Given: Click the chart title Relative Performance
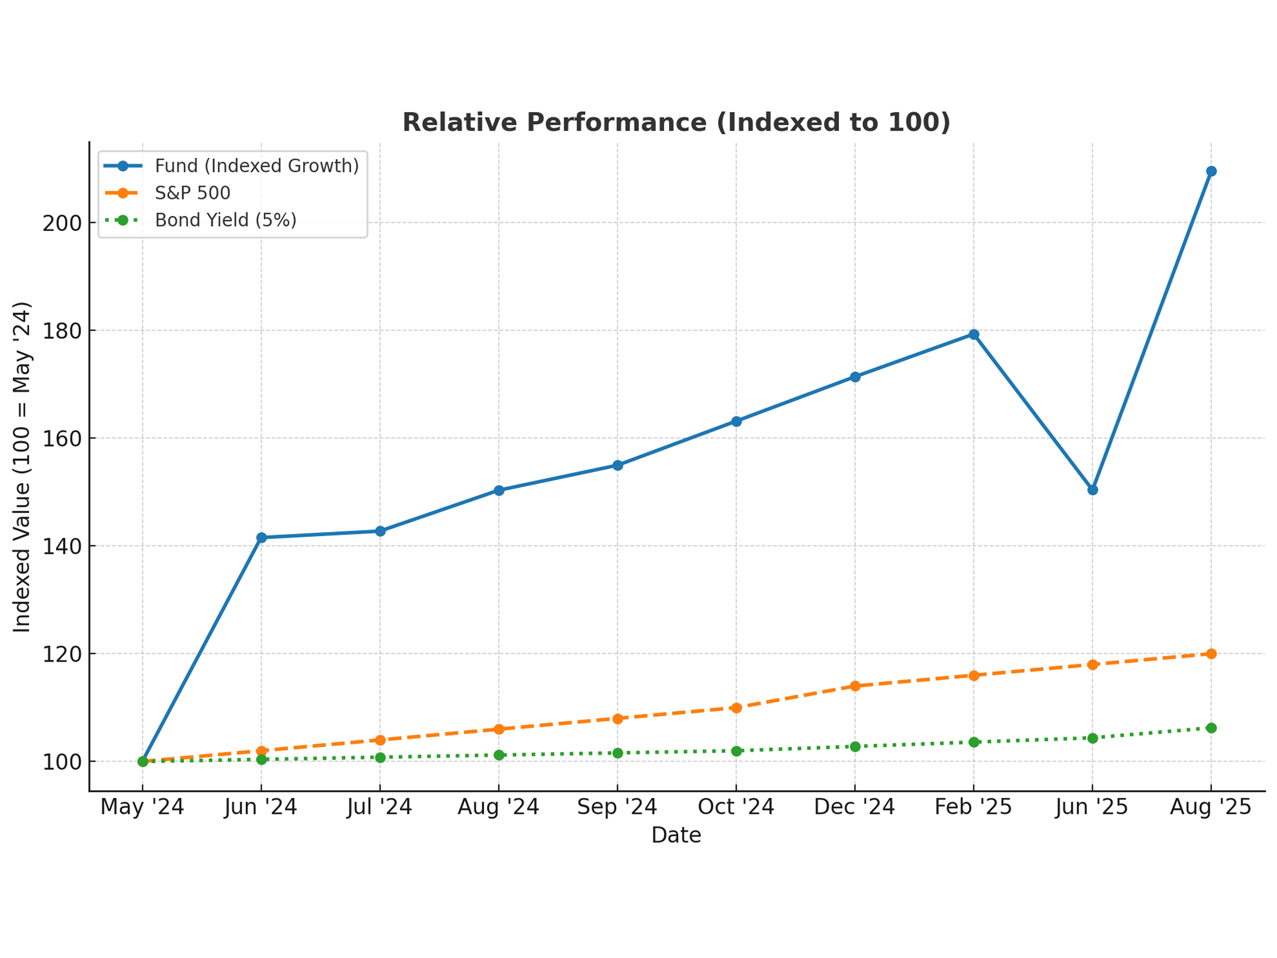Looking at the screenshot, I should [676, 123].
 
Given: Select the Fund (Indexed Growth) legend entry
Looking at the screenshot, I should [256, 166].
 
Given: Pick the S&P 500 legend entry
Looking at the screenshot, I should [192, 193].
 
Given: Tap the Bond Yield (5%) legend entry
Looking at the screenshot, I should [225, 220].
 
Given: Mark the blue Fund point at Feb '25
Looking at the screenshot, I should [974, 335].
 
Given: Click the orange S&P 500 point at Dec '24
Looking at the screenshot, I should [855, 686].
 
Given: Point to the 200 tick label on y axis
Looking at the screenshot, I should [62, 223].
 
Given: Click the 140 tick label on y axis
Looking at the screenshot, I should [62, 546].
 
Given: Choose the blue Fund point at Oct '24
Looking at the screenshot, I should [736, 422].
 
